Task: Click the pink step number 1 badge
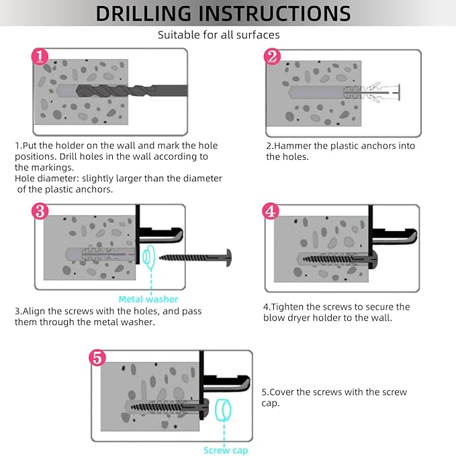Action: click(40, 56)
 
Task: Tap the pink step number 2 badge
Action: click(272, 56)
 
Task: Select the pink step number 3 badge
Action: click(40, 212)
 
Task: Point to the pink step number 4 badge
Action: click(271, 211)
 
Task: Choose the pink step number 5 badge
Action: click(97, 358)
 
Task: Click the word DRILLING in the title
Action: click(143, 13)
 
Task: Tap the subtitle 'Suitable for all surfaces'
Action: click(219, 35)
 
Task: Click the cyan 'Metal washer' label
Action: click(148, 299)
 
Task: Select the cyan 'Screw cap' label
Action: click(226, 450)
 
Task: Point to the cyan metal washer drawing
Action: click(149, 257)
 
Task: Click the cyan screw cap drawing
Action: click(223, 410)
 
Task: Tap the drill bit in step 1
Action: click(132, 91)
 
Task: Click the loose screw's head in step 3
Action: click(229, 258)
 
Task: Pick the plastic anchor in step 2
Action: click(371, 93)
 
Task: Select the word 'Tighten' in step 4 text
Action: click(287, 307)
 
